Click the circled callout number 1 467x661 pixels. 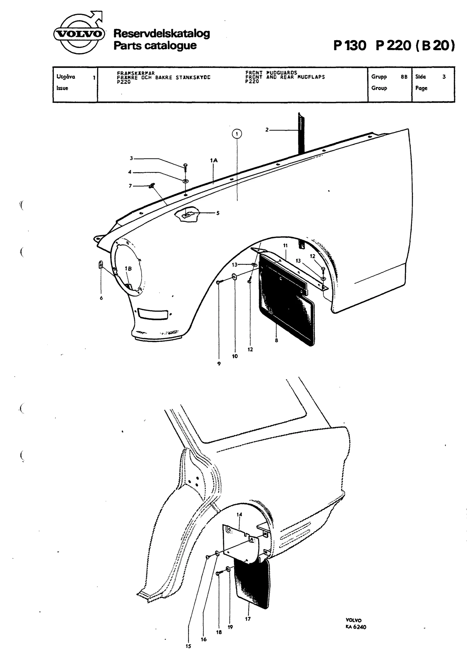[x=237, y=134]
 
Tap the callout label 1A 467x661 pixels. [x=214, y=161]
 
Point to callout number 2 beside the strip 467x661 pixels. [x=267, y=130]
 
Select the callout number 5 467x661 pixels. [x=218, y=213]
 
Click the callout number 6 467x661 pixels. [x=101, y=298]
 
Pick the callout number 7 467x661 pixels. [x=130, y=186]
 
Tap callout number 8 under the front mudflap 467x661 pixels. [x=276, y=340]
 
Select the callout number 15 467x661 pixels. [x=188, y=646]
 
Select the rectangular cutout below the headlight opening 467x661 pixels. [x=153, y=314]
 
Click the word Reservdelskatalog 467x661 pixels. [x=161, y=34]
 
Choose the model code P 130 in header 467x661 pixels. [x=350, y=46]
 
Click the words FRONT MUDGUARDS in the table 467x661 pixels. [x=271, y=73]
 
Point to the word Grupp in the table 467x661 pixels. [x=379, y=77]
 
